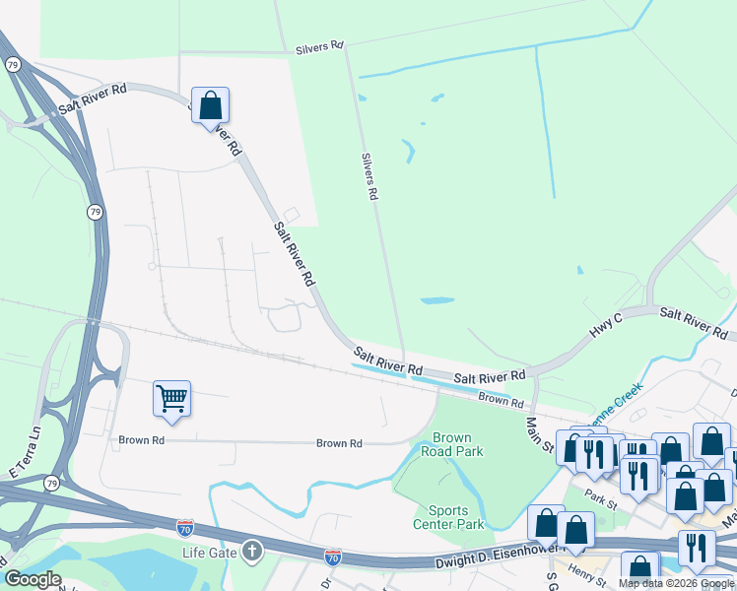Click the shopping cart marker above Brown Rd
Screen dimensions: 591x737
(x=171, y=400)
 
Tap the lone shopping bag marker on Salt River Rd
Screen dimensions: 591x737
(x=210, y=105)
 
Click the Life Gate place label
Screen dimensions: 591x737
(x=210, y=552)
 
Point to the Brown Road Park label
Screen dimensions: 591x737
(x=452, y=445)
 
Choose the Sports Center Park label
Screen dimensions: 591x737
(x=455, y=517)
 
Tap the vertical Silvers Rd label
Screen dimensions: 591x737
(x=369, y=177)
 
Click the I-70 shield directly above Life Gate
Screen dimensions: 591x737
(x=185, y=528)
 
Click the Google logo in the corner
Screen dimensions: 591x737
(x=33, y=579)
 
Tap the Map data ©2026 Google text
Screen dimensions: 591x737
(x=674, y=583)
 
